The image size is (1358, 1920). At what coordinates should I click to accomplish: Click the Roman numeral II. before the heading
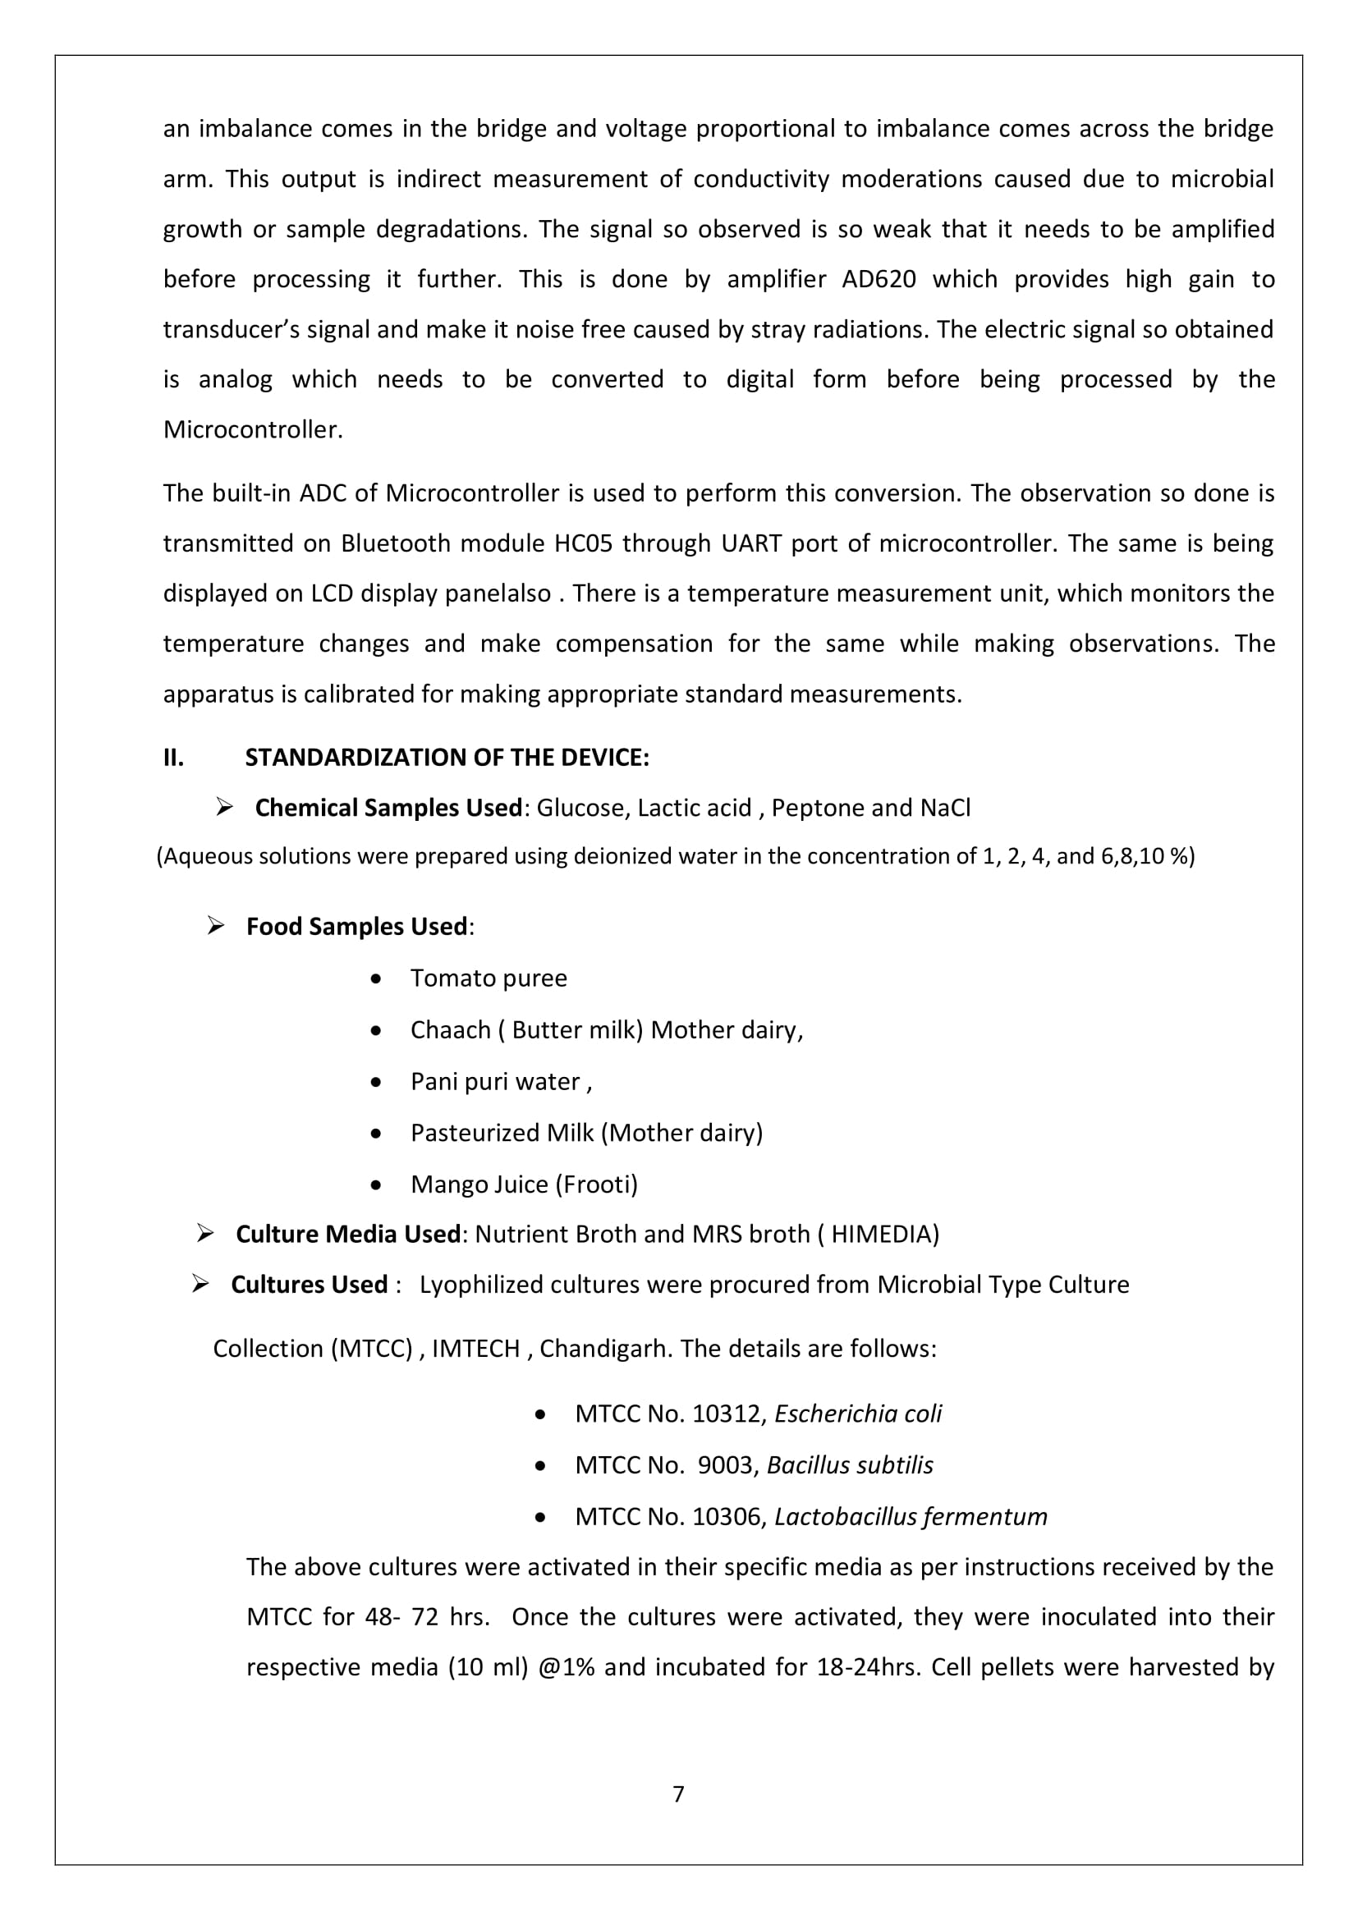pos(173,758)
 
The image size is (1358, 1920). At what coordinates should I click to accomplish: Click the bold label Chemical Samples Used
pos(389,808)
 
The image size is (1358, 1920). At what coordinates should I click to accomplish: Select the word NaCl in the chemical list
pos(945,808)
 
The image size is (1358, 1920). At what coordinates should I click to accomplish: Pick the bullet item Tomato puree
pos(489,978)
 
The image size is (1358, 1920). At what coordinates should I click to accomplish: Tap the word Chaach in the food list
pos(450,1030)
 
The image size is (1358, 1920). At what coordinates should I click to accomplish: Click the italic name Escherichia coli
pos(858,1414)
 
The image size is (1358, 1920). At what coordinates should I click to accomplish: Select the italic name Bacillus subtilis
pos(850,1465)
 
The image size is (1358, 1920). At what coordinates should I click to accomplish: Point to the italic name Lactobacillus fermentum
pos(911,1517)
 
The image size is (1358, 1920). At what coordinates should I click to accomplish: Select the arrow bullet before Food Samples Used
pos(216,926)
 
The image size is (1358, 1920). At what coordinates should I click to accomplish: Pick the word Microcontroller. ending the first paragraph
pos(253,430)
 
